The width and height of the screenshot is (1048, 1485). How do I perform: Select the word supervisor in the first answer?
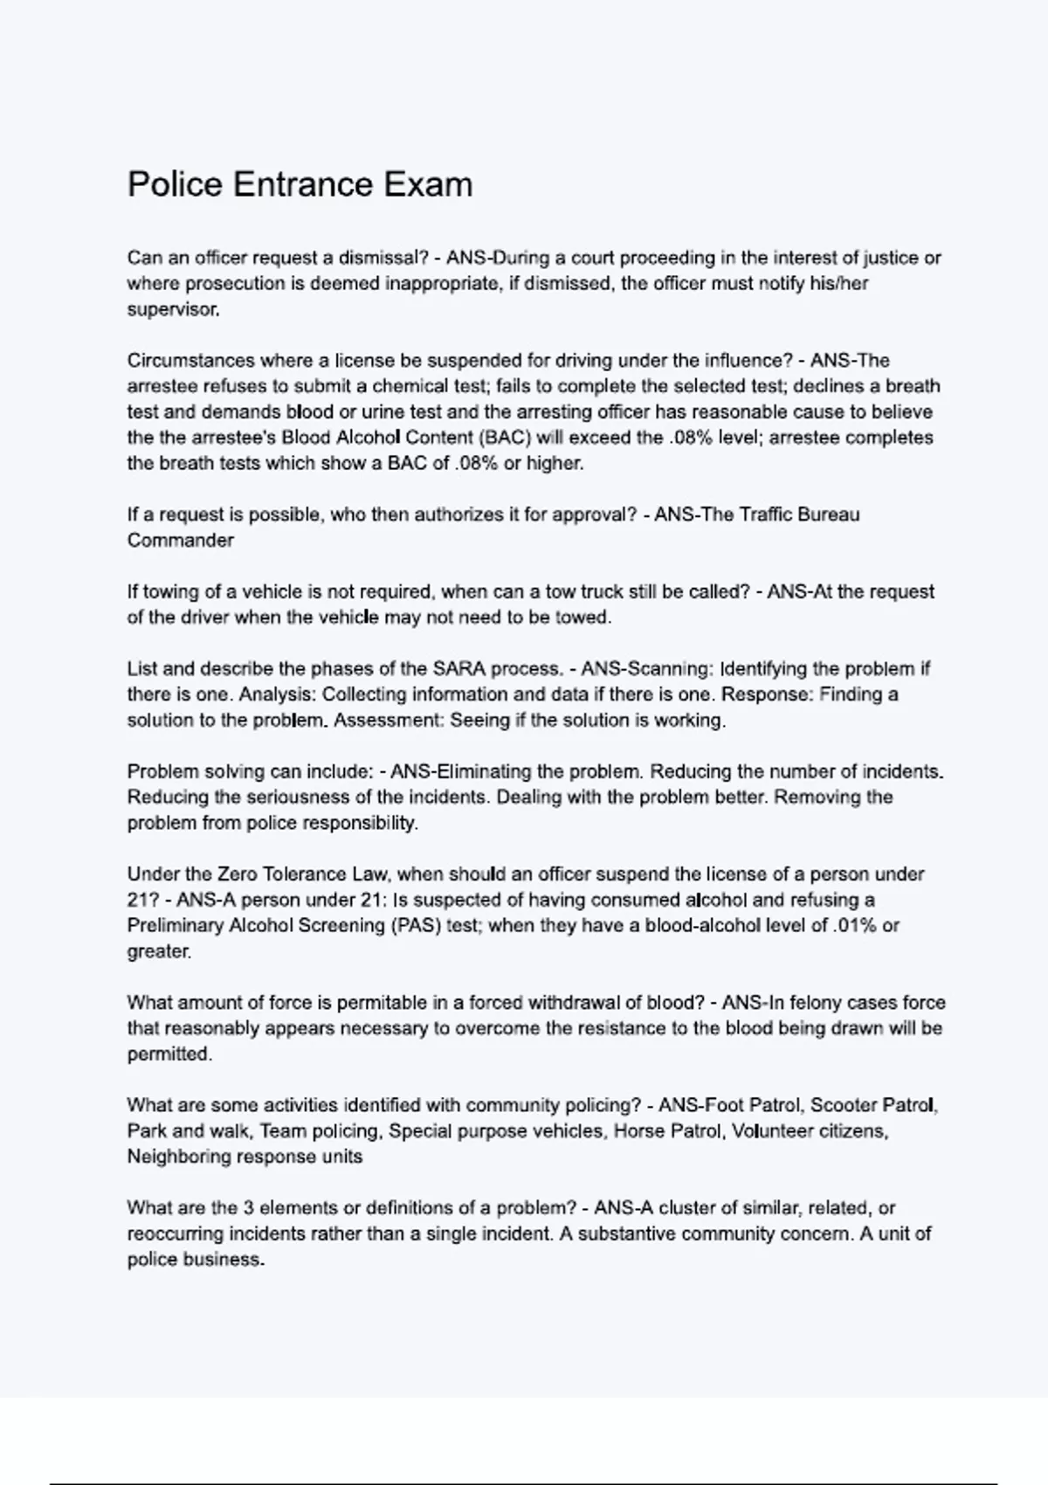pos(173,309)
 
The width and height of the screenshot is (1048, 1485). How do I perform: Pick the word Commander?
pos(181,541)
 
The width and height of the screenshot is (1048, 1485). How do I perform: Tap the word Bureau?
pos(822,515)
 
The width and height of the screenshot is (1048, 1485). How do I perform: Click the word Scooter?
pos(844,1106)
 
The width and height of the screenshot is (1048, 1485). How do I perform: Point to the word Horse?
pos(638,1131)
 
